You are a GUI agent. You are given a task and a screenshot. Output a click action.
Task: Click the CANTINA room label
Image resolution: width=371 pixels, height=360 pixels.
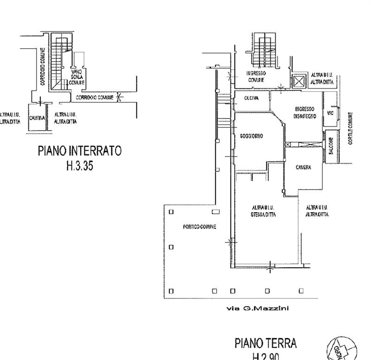pyautogui.click(x=37, y=118)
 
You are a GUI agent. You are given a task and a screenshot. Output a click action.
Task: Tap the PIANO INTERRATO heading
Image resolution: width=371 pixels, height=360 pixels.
pyautogui.click(x=79, y=151)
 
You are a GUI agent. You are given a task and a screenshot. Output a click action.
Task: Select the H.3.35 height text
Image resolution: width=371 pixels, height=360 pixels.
pyautogui.click(x=79, y=165)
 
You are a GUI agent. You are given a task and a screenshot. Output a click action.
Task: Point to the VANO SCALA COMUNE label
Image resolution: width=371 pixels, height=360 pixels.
pyautogui.click(x=77, y=77)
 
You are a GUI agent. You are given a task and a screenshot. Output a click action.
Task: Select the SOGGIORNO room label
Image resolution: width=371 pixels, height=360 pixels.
pyautogui.click(x=252, y=136)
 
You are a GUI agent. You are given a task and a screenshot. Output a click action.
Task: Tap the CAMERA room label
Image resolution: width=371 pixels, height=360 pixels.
pyautogui.click(x=303, y=167)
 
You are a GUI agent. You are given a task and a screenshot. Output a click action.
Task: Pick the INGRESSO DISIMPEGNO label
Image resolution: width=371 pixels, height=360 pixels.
pyautogui.click(x=305, y=113)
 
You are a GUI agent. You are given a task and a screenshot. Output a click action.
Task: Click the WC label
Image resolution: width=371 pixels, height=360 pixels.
pyautogui.click(x=331, y=113)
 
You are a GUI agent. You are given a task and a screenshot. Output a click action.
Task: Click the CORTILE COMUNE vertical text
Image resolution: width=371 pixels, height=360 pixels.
pyautogui.click(x=351, y=128)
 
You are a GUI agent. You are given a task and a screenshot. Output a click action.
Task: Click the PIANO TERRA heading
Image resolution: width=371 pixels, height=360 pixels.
pyautogui.click(x=266, y=343)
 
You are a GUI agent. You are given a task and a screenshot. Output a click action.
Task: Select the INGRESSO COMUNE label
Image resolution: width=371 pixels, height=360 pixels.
pyautogui.click(x=256, y=76)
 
